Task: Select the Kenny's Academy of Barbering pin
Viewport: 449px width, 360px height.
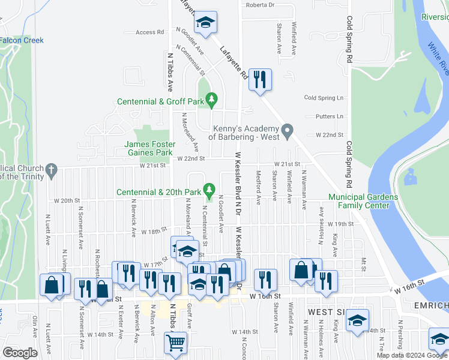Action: pos(288,130)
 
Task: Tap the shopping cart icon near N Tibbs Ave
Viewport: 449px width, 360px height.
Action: pos(176,343)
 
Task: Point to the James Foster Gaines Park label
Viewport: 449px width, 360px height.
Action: pos(149,149)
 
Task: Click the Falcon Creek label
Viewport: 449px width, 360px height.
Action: pos(22,40)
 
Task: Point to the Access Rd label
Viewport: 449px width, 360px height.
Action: pos(150,32)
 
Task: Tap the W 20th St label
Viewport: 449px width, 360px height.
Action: pos(67,200)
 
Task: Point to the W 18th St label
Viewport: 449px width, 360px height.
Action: pos(153,231)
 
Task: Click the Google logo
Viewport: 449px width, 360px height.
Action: pos(20,353)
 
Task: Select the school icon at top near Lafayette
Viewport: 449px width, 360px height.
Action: pos(206,23)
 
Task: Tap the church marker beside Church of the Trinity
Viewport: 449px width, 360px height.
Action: pos(52,170)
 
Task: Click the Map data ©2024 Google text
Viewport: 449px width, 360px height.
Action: pos(412,355)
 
